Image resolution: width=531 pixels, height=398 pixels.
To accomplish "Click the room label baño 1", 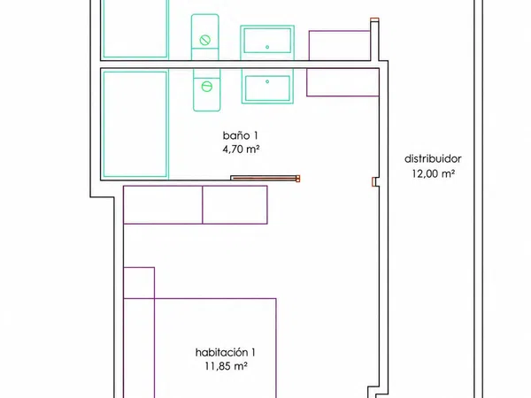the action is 240,135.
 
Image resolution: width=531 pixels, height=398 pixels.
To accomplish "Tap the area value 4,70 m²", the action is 241,149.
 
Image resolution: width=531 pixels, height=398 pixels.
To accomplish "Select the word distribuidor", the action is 433,158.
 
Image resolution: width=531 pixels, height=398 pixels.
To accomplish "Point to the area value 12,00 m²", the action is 433,173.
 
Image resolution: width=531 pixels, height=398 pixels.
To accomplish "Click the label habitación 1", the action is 225,353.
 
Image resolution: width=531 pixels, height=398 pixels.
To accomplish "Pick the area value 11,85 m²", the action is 226,366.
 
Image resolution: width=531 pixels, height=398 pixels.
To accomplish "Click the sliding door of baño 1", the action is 265,178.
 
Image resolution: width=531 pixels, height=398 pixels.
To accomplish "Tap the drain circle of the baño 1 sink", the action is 267,81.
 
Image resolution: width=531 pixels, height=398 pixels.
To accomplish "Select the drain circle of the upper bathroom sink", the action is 267,47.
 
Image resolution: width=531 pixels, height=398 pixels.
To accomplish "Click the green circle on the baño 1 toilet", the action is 206,87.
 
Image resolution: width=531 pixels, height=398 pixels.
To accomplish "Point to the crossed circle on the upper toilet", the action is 205,40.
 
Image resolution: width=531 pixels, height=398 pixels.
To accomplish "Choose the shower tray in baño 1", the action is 135,124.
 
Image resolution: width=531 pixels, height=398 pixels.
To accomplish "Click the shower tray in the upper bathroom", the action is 135,28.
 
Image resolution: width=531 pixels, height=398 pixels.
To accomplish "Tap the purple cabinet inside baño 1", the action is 342,82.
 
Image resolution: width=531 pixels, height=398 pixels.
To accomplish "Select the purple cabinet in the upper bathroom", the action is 340,46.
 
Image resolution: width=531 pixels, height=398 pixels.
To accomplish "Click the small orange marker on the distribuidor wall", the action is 373,181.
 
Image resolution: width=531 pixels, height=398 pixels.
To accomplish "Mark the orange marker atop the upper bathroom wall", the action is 374,19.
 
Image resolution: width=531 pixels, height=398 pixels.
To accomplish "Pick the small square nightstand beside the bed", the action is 139,283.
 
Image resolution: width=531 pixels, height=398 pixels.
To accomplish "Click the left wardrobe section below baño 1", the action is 163,205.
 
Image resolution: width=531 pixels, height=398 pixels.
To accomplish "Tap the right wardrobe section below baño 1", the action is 235,205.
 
